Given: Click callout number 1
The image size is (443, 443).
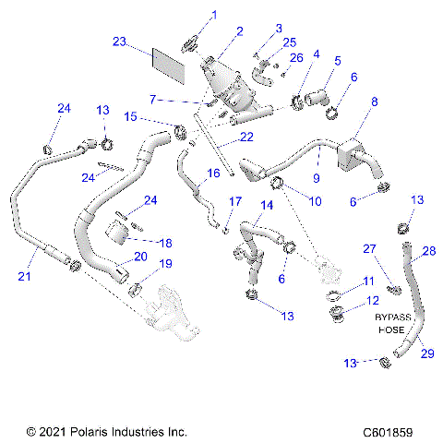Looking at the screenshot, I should point(216,14).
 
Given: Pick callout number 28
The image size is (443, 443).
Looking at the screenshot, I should point(428,251).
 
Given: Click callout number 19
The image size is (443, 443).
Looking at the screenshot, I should point(166,265).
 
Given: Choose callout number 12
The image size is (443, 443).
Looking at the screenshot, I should point(369,301).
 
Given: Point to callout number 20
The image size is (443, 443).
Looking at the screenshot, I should point(141,257).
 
